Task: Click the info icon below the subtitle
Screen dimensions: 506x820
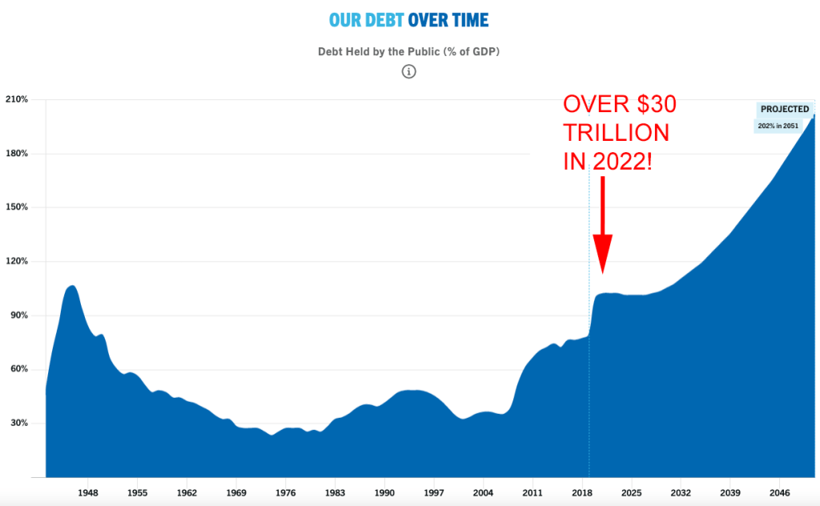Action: (x=409, y=72)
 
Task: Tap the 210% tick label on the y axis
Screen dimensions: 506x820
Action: (x=17, y=100)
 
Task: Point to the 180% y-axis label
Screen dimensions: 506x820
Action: (x=17, y=154)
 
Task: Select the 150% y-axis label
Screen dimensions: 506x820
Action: (x=17, y=207)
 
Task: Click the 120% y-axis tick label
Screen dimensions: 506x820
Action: (x=17, y=261)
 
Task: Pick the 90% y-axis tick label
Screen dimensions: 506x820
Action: (x=18, y=315)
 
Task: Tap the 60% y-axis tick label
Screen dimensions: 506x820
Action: (x=18, y=369)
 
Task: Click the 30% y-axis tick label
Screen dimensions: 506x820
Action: (x=18, y=423)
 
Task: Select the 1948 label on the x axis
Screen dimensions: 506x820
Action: (x=88, y=493)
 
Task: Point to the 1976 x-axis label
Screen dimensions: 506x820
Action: (x=286, y=493)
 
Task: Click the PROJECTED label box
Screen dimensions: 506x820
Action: (x=785, y=110)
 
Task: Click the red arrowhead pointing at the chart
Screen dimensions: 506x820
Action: (x=602, y=255)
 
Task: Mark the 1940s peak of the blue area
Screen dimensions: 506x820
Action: (x=72, y=286)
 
